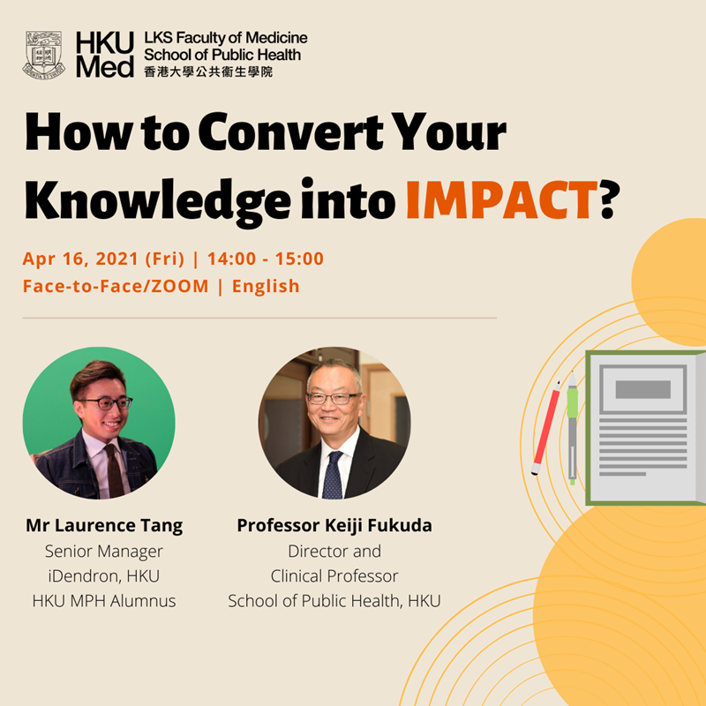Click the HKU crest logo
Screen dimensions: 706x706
point(43,55)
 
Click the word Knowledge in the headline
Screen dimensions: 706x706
point(158,203)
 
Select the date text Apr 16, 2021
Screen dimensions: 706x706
point(80,259)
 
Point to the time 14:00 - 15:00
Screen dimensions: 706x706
point(266,259)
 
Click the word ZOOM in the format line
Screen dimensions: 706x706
point(180,286)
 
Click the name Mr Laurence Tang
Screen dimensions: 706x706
point(104,526)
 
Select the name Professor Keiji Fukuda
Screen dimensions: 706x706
point(334,525)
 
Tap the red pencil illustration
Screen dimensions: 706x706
point(545,428)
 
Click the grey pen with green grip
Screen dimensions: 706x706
point(572,428)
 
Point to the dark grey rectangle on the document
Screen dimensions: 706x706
point(643,389)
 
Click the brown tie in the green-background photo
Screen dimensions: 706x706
point(115,470)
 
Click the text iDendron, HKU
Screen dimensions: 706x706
point(104,576)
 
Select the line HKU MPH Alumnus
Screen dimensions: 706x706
point(104,601)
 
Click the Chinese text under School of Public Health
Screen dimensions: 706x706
point(208,72)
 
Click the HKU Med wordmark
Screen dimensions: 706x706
point(105,55)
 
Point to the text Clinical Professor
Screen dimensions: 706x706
point(334,576)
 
